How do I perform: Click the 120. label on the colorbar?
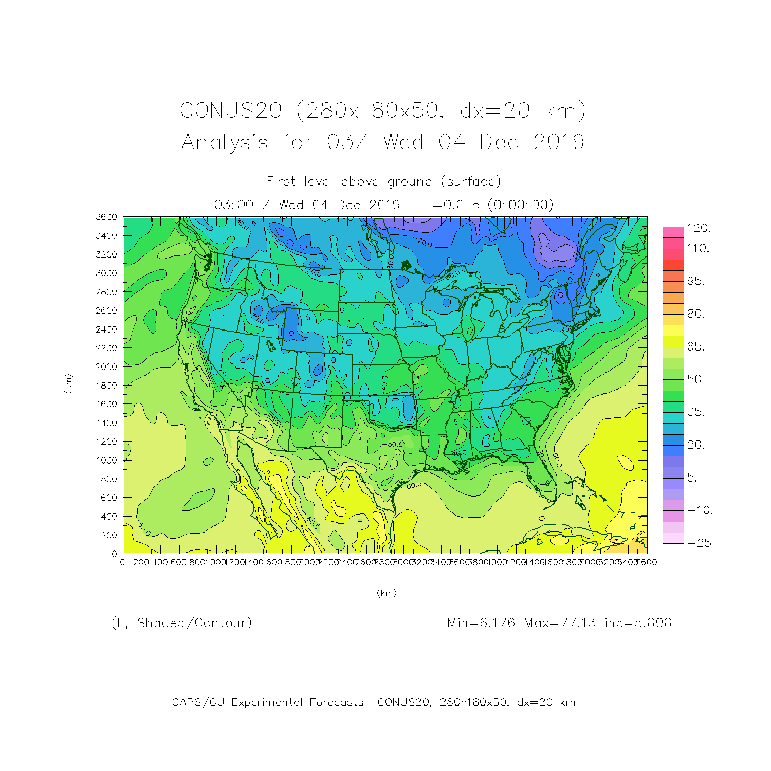tap(699, 228)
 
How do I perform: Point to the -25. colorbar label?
tap(700, 543)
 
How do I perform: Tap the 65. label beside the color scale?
tap(696, 346)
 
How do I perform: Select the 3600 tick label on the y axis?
tap(106, 217)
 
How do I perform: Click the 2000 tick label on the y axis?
tap(106, 366)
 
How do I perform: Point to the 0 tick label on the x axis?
tap(122, 562)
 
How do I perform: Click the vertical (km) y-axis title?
tap(68, 384)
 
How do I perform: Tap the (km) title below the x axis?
tap(387, 593)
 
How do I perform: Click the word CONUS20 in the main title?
tap(231, 111)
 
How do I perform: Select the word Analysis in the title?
tap(225, 142)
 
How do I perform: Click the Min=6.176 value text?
tap(481, 623)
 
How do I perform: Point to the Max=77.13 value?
tap(560, 623)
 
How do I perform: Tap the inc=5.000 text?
tap(638, 623)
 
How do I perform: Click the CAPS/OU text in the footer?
tap(198, 702)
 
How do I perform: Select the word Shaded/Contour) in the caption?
tap(194, 623)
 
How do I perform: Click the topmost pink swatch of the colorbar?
tap(673, 232)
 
